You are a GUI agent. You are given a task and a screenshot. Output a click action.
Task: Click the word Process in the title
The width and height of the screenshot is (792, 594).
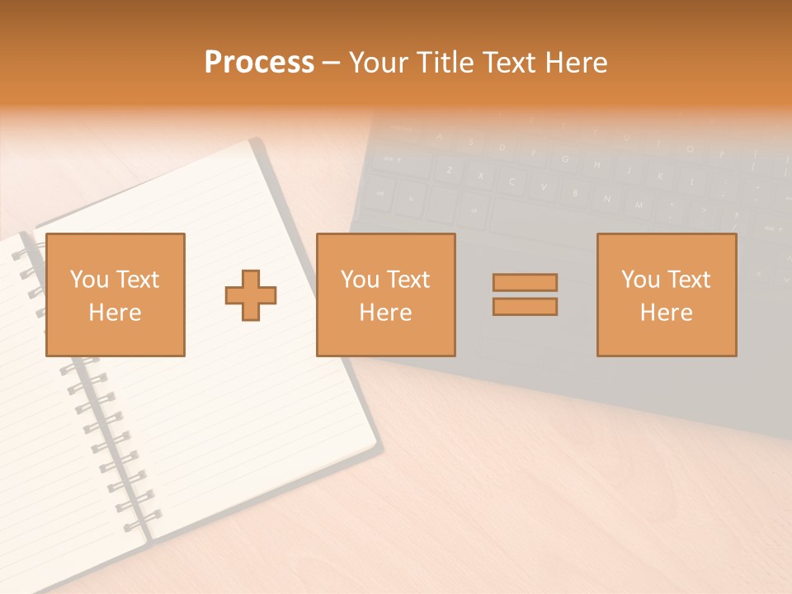point(259,62)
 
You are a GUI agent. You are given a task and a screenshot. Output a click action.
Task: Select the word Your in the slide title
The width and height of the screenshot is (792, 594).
point(379,62)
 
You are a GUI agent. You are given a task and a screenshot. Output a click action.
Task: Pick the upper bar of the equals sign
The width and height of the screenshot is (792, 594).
point(525,282)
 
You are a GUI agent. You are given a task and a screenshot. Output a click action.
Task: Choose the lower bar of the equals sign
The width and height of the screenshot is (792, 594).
point(525,306)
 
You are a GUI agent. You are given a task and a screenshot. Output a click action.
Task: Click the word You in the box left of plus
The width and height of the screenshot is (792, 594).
point(89,280)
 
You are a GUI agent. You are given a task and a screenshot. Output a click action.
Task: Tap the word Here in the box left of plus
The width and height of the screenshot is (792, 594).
point(115,313)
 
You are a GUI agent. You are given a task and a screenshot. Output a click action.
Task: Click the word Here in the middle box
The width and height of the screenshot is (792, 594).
point(385,313)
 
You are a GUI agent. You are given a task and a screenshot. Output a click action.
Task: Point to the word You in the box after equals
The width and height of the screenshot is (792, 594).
point(640,280)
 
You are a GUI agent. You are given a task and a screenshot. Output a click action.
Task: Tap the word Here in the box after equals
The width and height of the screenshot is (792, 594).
point(666,313)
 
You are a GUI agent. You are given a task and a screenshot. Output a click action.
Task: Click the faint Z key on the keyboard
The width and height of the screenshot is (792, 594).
point(449,171)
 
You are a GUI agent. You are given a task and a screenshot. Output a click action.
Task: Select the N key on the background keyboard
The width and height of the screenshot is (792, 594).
point(606,199)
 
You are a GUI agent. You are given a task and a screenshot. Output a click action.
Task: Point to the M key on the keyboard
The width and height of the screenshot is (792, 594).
point(638,204)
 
